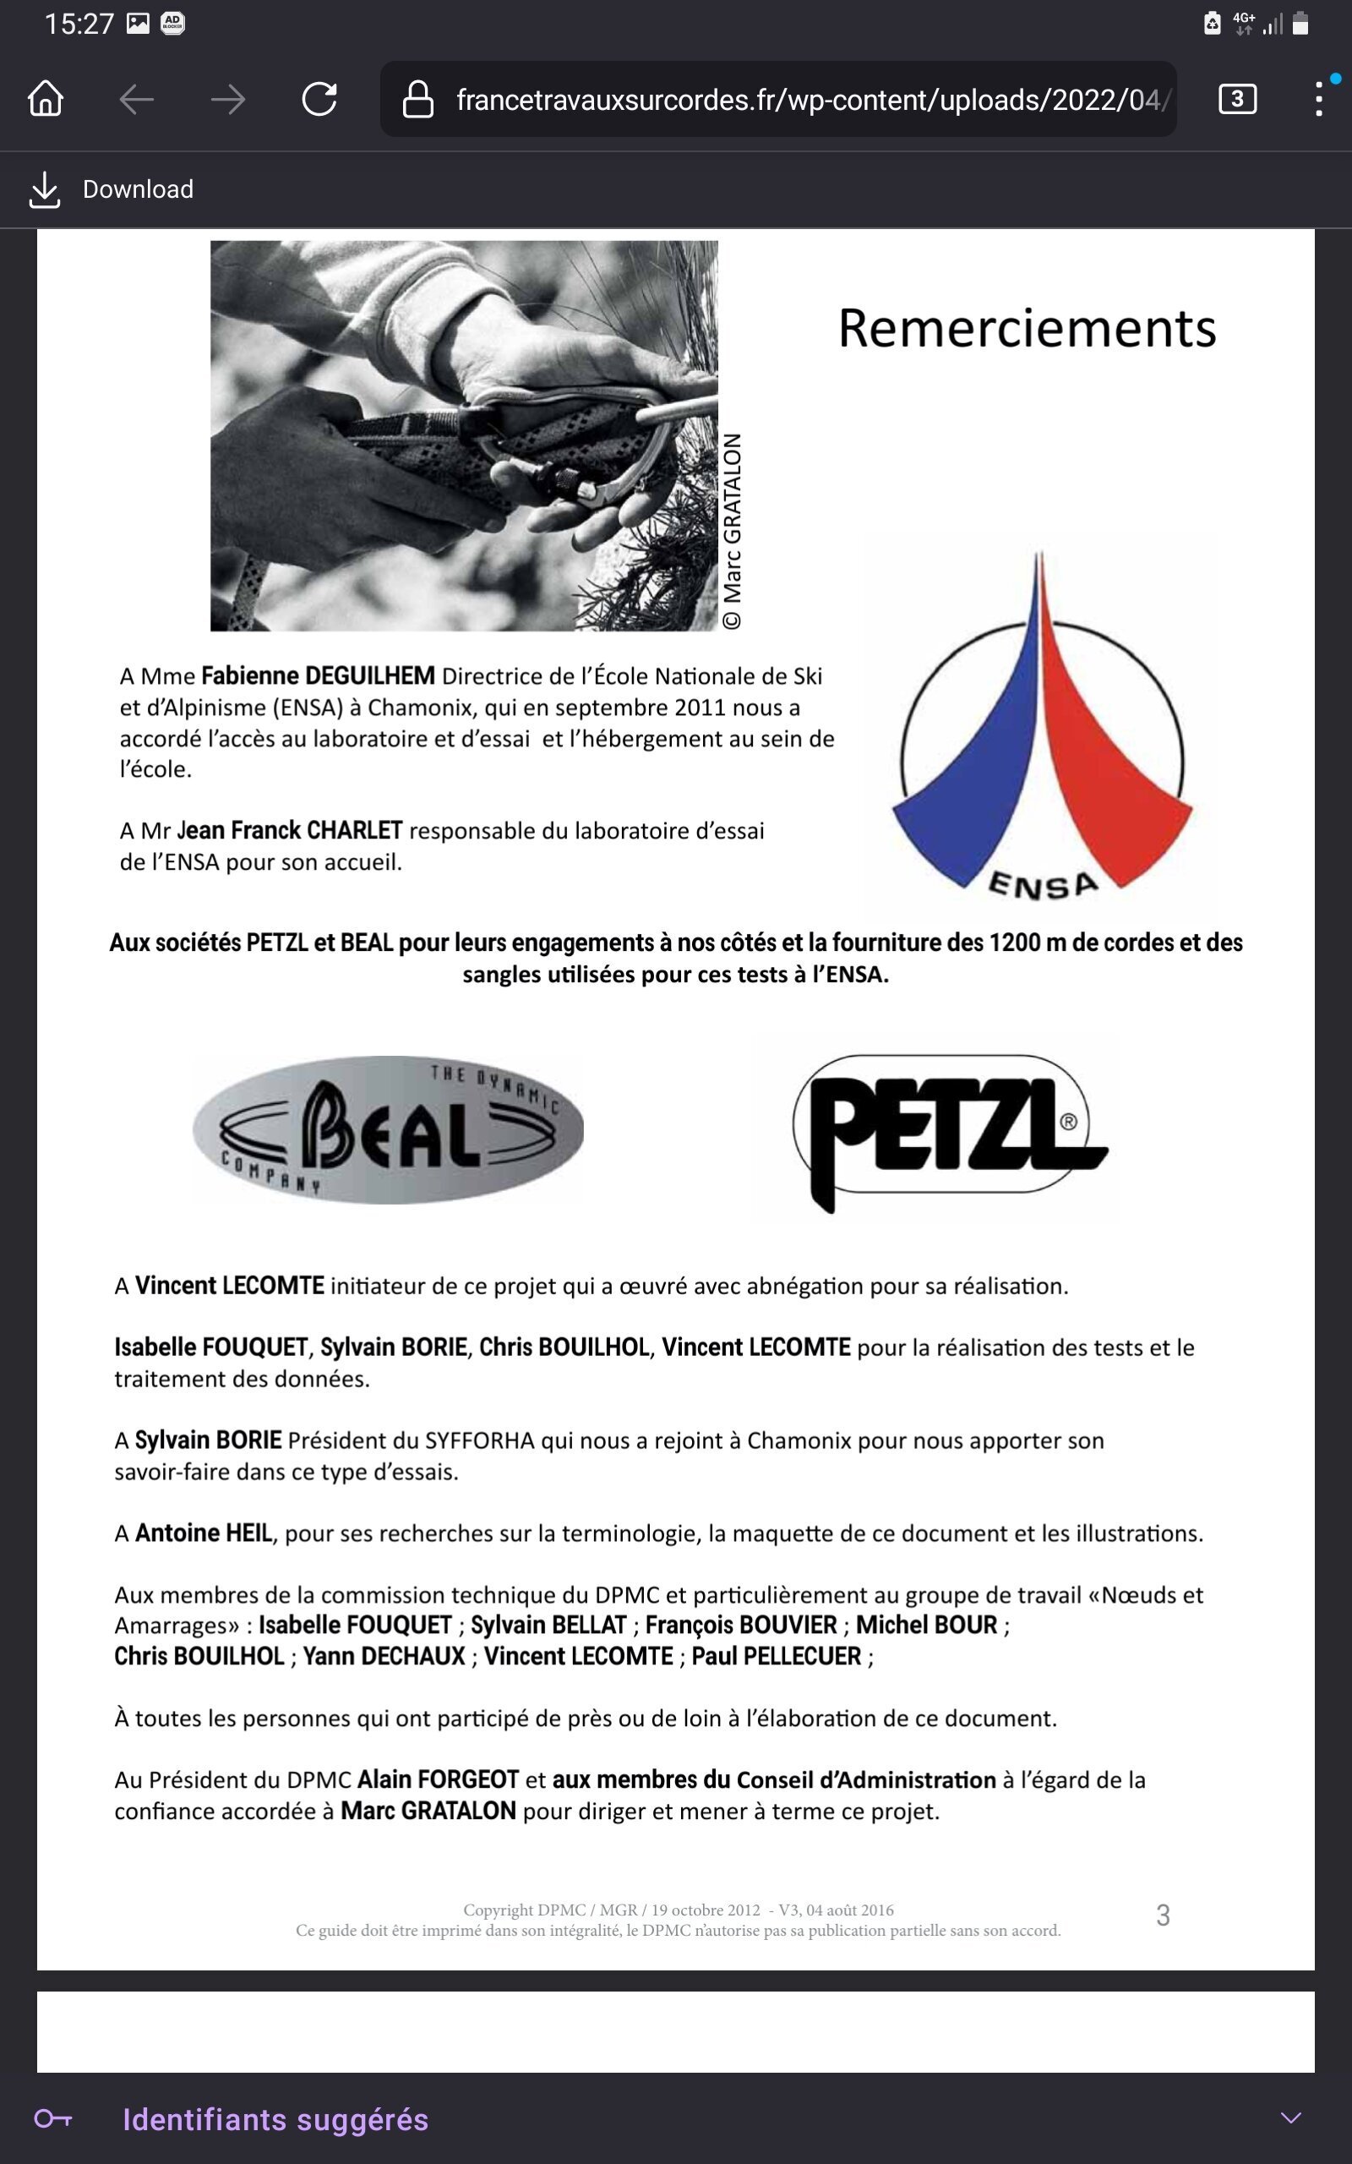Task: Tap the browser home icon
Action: tap(46, 98)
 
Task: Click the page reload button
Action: tap(319, 98)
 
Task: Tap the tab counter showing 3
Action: tap(1236, 98)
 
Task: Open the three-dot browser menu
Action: tap(1319, 98)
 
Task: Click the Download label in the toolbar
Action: tap(138, 189)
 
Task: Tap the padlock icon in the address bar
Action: tap(417, 99)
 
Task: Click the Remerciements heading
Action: tap(1027, 328)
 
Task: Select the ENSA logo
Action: tap(1040, 724)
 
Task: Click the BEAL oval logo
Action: tap(388, 1129)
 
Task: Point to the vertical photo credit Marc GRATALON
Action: tap(733, 531)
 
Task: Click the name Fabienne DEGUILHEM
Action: tap(318, 676)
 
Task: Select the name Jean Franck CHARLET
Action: tap(290, 831)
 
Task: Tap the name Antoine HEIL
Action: tap(203, 1533)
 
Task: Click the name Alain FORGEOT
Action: tap(439, 1779)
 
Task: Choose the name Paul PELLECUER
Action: tap(777, 1656)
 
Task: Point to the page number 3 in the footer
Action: tap(1163, 1915)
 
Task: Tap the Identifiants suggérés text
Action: tap(275, 2119)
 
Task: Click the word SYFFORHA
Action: tap(479, 1440)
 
